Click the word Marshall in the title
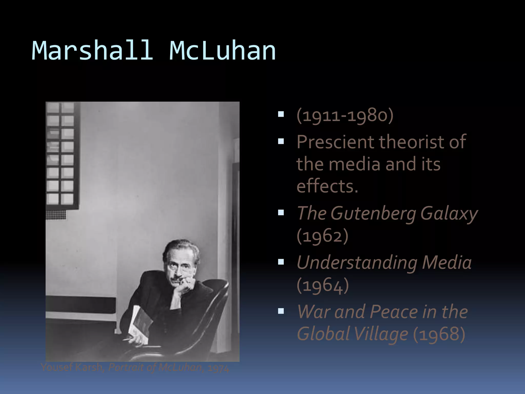coord(92,51)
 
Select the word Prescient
coord(336,142)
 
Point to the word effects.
coord(327,186)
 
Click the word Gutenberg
coord(373,213)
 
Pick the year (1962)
coord(322,236)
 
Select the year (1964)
coord(322,285)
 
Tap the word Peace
coord(393,312)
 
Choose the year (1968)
coord(439,334)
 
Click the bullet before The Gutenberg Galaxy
coord(281,213)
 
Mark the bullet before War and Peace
coord(281,311)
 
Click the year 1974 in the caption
coord(218,368)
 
